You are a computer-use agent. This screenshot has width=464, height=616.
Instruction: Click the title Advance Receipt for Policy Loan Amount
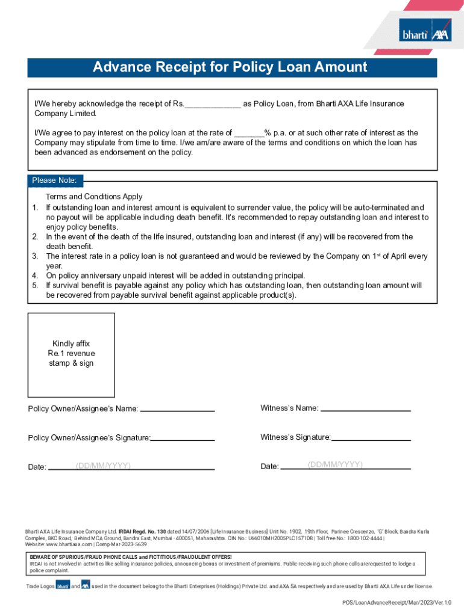click(x=230, y=67)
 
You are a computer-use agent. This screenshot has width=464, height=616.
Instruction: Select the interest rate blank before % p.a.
click(x=248, y=133)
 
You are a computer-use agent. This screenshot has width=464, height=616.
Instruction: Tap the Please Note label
click(x=54, y=180)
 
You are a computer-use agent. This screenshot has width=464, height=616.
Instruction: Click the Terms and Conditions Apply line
click(x=94, y=197)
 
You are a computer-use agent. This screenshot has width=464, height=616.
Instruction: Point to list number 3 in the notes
click(x=35, y=256)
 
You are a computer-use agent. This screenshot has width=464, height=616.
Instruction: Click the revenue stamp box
click(x=71, y=354)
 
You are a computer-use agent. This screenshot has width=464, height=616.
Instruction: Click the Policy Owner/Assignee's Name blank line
click(x=177, y=410)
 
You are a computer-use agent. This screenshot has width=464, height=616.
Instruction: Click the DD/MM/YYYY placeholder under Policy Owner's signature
click(x=104, y=466)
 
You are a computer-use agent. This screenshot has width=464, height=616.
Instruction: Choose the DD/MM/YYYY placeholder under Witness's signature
click(x=335, y=465)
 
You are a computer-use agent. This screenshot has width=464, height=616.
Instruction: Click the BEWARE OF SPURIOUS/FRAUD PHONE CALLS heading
click(x=130, y=557)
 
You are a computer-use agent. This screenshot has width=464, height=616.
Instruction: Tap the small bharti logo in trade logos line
click(x=63, y=586)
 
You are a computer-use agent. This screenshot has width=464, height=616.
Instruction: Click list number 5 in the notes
click(x=35, y=285)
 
